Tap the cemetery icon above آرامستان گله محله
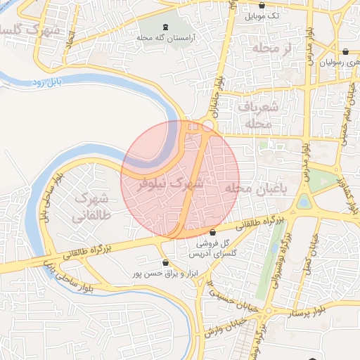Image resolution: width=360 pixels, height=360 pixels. (x=165, y=27)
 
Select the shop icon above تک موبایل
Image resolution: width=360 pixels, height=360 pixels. (x=262, y=4)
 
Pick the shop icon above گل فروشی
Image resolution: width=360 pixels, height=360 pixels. (x=212, y=233)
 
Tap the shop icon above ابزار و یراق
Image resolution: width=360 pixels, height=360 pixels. (x=165, y=262)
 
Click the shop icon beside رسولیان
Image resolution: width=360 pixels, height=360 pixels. (x=346, y=51)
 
